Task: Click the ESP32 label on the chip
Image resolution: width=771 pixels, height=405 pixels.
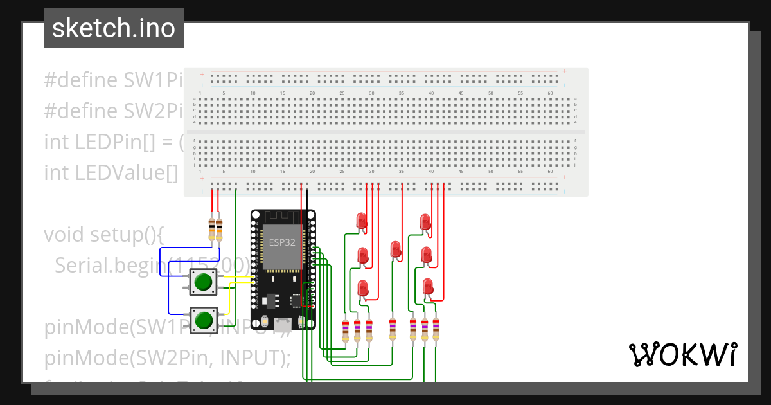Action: point(281,242)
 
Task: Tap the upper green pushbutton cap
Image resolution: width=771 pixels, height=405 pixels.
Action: point(204,282)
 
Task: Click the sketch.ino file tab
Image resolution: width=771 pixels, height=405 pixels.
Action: point(114,28)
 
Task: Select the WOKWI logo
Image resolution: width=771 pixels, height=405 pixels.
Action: point(682,354)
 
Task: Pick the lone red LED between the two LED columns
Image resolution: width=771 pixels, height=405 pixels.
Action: point(395,248)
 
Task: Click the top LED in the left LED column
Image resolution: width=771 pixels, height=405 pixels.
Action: point(362,221)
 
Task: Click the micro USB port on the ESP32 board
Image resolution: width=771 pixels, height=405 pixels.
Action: point(283,323)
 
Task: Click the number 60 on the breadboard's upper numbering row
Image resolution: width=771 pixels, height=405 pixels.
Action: point(550,93)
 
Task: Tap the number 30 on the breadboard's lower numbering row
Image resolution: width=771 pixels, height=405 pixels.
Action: point(371,172)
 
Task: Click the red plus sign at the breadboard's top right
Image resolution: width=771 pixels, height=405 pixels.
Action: point(564,71)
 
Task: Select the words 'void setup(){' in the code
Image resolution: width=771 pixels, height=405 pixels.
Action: point(105,234)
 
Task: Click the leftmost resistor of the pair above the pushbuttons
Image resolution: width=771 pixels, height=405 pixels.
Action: point(212,228)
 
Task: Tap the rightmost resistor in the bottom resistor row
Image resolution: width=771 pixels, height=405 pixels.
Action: point(436,329)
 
